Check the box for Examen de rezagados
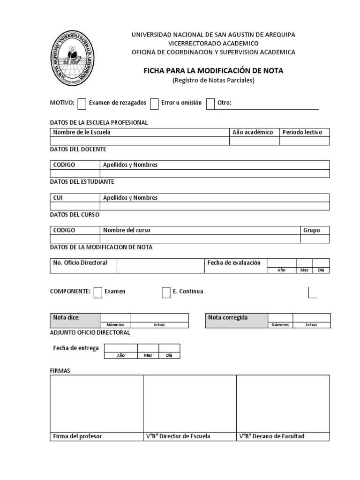coord(82,104)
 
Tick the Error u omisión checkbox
coord(154,104)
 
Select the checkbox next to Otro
coord(210,104)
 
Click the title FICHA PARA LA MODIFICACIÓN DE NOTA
coord(213,71)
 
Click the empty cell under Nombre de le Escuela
coord(140,141)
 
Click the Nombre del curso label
coord(127,230)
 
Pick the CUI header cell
coord(58,198)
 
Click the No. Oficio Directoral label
coord(80,262)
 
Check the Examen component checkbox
coord(98,292)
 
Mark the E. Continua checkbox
coord(166,292)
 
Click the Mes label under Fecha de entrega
coord(148,355)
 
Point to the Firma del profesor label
coord(77,436)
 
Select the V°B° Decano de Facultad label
coord(272,436)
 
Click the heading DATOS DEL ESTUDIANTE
coord(82,181)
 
